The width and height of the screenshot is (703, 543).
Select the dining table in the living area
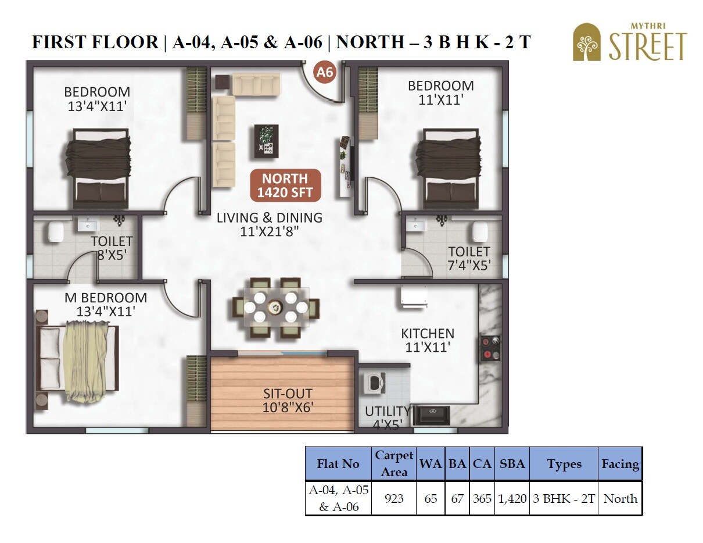tap(275, 308)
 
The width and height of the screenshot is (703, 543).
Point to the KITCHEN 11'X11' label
tap(428, 340)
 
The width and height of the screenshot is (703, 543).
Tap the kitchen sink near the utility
tap(431, 416)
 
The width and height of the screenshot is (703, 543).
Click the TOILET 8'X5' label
tap(112, 247)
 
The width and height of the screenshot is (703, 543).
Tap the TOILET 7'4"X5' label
tap(469, 259)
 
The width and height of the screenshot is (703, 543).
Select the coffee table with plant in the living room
tap(266, 141)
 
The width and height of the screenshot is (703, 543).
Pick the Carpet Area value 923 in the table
tap(394, 499)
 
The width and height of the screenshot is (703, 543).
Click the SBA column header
tap(512, 464)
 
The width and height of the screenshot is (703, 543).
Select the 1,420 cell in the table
tap(512, 499)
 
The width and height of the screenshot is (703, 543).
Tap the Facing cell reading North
tap(620, 499)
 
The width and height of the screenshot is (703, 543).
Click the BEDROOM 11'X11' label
tap(440, 92)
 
